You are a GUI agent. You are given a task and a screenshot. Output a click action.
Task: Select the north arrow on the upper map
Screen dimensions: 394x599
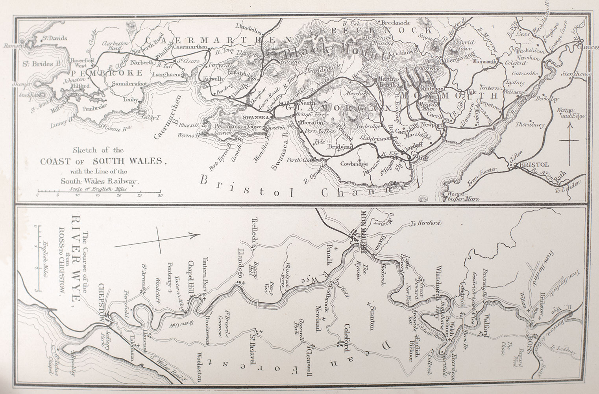coord(569,140)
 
